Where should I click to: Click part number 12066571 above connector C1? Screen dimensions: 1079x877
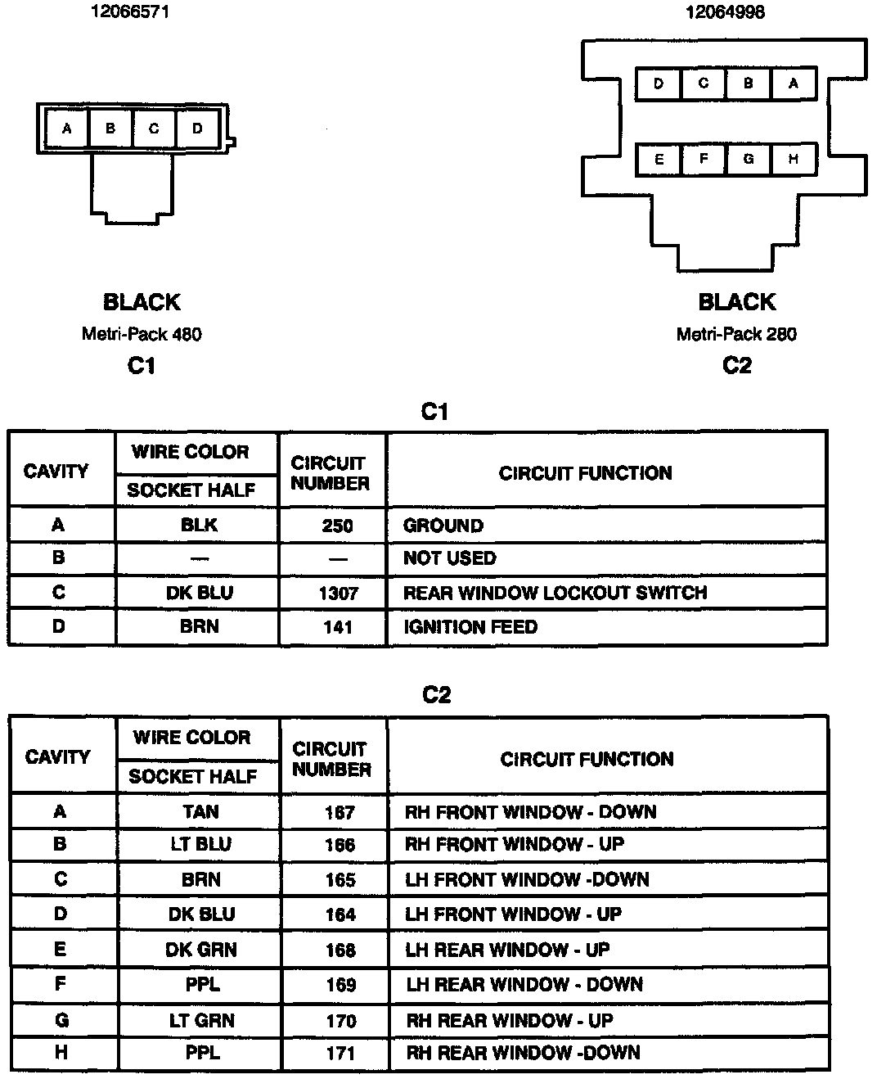coord(130,12)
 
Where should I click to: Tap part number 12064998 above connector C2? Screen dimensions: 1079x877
coord(725,12)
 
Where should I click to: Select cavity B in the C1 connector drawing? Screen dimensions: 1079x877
coord(110,129)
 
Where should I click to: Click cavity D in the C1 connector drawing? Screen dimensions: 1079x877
coord(197,129)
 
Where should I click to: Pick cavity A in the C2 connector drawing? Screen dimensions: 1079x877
coord(793,84)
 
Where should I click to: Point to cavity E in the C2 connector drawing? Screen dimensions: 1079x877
coord(659,160)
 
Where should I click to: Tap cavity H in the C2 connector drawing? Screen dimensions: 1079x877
coord(793,160)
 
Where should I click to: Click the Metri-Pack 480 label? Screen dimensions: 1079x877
coord(142,334)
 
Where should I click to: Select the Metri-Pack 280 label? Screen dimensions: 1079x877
coord(736,334)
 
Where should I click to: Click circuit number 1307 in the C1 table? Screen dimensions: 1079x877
coord(338,593)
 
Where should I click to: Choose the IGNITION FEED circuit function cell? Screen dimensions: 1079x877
coord(470,627)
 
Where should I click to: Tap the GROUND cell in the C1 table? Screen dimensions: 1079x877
coord(443,526)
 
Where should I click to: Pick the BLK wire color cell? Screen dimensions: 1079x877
coord(199,525)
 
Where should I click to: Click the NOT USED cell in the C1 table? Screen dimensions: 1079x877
coord(449,558)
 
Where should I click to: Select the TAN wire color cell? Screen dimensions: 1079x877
coord(200,811)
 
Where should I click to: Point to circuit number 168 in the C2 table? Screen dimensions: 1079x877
coord(340,950)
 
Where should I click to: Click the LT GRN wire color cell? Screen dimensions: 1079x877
coord(201,1020)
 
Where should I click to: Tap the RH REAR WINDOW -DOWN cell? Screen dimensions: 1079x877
coord(523,1053)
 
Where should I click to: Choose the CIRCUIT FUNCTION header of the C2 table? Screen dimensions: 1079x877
coord(587,759)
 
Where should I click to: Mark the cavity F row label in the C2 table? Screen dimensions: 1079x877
coord(60,983)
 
